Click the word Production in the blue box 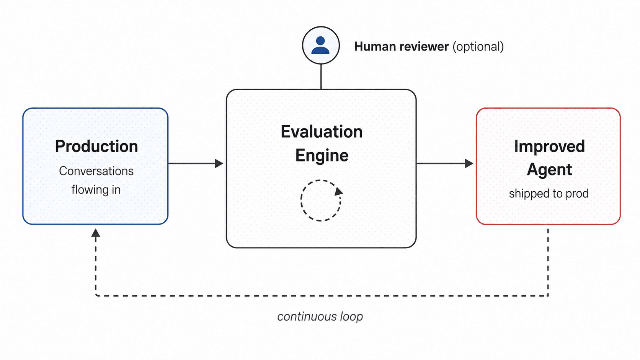96,146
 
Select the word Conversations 96,171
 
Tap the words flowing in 96,190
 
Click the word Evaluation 322,132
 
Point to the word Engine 322,156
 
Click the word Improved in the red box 549,147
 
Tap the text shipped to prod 549,194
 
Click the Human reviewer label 402,47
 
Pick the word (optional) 478,47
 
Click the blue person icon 320,45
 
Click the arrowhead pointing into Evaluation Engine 219,164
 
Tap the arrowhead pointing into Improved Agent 469,164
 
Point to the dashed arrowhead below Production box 96,233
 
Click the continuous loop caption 320,317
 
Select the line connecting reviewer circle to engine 321,77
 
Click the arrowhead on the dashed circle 339,191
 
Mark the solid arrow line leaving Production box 192,164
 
